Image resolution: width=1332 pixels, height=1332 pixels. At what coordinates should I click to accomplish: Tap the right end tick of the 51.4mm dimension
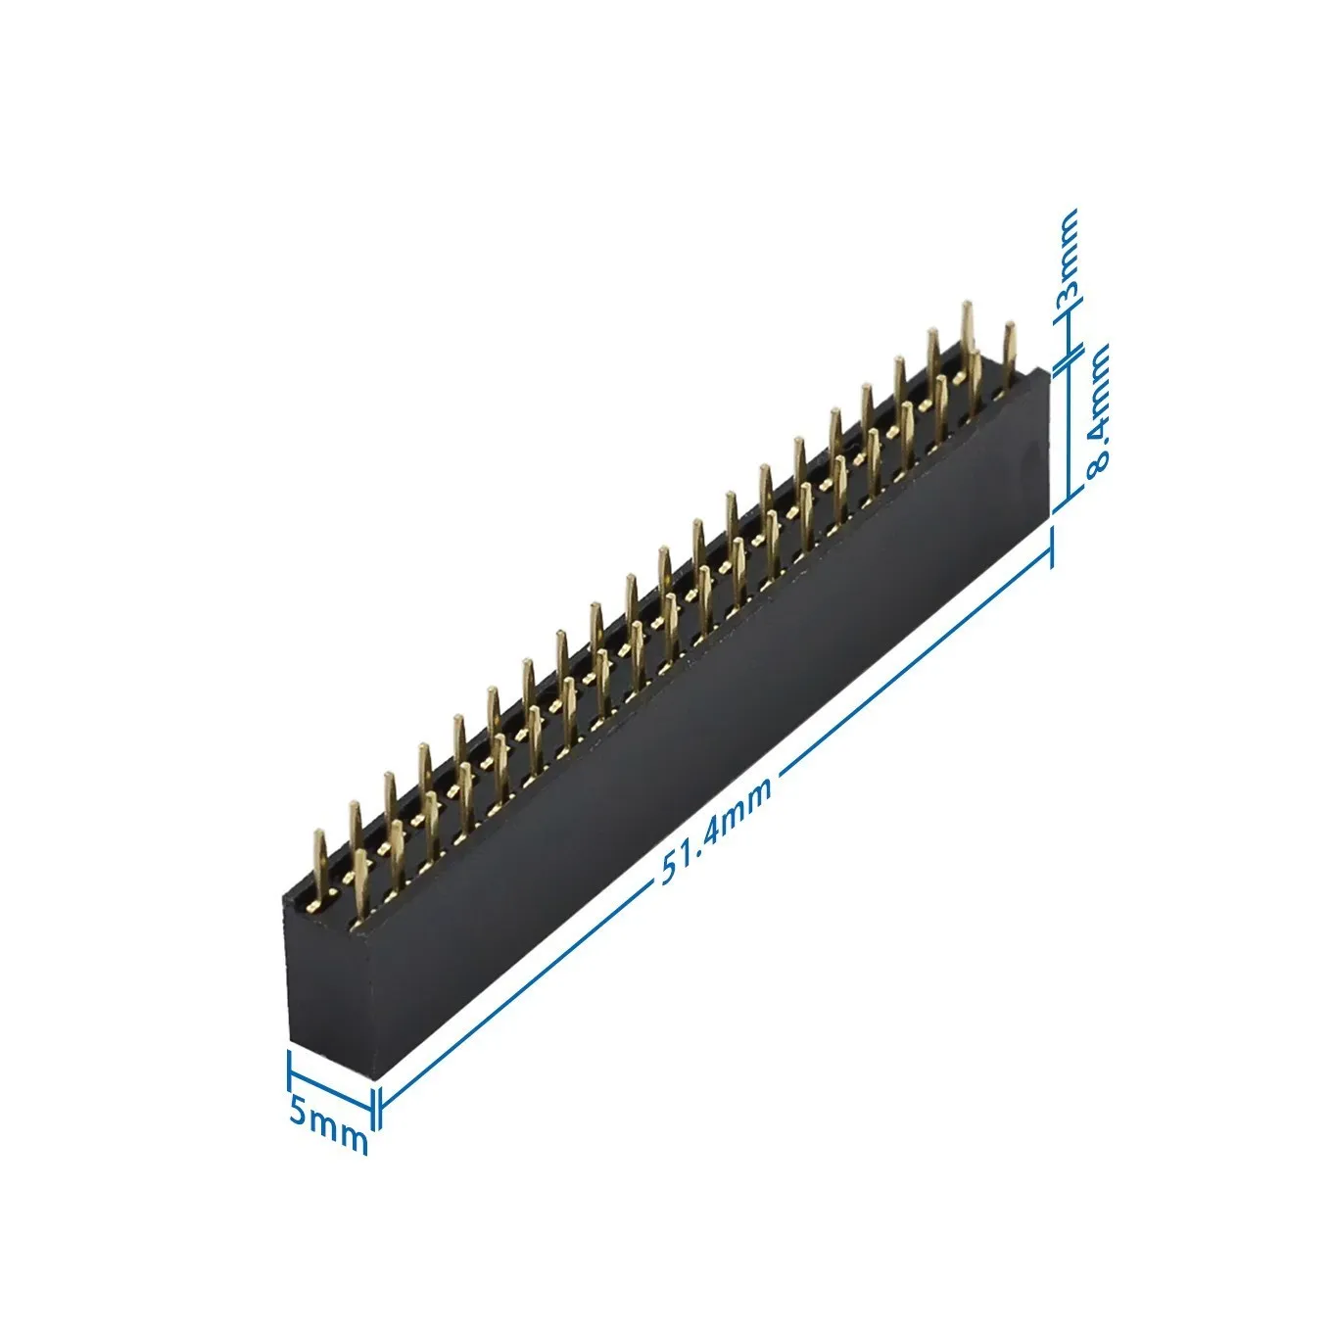(x=1052, y=547)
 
